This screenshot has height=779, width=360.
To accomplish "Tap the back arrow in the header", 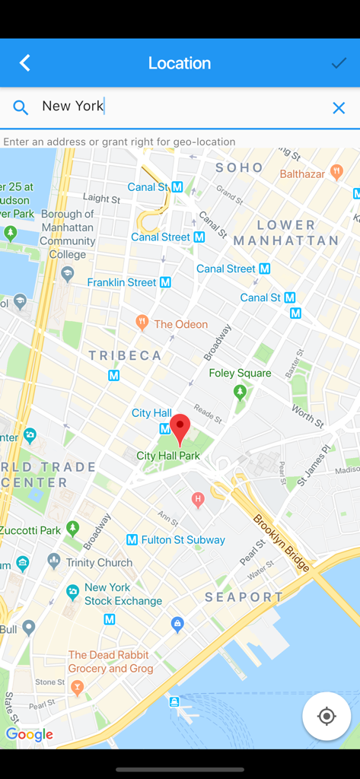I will coord(25,63).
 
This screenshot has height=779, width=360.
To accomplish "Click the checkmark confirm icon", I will coord(339,63).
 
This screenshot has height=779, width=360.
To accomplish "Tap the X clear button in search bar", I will coord(339,108).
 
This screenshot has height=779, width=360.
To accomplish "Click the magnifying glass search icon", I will coord(21,108).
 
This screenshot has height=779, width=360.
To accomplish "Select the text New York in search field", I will coord(72,107).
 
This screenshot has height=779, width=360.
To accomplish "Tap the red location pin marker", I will coord(180,428).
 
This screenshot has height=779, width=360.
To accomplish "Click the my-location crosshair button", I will coord(327,716).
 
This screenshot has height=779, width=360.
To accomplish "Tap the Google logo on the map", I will coord(29,734).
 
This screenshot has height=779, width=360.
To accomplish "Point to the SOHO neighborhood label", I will coord(239,167).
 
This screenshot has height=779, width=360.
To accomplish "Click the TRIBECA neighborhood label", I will coord(125,355).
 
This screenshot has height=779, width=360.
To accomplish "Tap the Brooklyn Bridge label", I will coord(282,542).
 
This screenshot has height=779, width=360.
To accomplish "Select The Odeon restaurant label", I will coord(180,324).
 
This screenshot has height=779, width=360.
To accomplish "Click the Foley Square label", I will coord(240,373).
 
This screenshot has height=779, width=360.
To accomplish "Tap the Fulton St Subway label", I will coord(183,540).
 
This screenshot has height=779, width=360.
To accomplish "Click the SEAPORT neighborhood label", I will coord(244,597).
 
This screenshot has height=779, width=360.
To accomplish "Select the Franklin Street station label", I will coord(122,282).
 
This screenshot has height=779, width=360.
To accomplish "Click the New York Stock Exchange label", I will coord(123,594).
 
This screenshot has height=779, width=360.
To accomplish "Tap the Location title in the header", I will coord(180,63).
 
